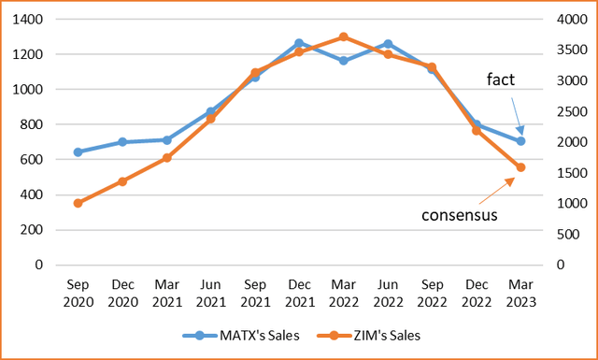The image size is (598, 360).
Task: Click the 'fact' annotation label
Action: pos(500,80)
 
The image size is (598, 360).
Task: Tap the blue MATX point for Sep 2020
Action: pos(78,151)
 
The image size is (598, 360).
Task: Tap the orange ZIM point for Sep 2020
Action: pos(78,203)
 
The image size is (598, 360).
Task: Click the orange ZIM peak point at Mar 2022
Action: pos(344,36)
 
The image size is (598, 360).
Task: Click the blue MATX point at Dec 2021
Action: pos(299,43)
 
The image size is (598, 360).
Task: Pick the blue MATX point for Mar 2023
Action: pos(520,141)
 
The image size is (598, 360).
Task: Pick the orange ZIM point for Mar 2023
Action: pos(520,167)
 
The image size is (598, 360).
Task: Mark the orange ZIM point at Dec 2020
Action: pos(122,181)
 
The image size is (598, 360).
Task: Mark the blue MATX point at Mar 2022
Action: pos(344,61)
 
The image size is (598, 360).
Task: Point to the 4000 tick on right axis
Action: pos(568,20)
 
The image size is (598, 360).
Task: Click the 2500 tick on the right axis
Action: pos(568,111)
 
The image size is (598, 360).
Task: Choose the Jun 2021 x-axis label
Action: pos(210,290)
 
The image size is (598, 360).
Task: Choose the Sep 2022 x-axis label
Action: pos(432,290)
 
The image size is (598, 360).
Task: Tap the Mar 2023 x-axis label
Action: pos(520,290)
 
